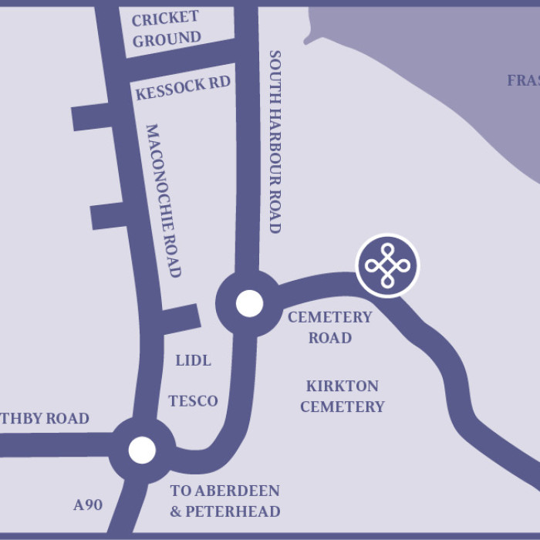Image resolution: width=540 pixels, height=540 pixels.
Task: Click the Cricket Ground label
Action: click(x=166, y=29)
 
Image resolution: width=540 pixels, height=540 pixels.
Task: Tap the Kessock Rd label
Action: click(x=183, y=88)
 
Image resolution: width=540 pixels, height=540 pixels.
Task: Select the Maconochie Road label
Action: click(x=163, y=201)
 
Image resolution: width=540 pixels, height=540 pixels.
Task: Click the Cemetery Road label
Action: click(x=330, y=327)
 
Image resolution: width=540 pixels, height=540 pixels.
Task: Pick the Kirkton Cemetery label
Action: click(x=342, y=396)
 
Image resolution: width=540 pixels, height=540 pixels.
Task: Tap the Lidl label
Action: click(x=193, y=360)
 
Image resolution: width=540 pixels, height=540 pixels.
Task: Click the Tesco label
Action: click(x=193, y=401)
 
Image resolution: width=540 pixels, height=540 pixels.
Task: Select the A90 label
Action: click(x=88, y=505)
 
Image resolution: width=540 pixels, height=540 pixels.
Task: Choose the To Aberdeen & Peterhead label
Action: click(x=224, y=501)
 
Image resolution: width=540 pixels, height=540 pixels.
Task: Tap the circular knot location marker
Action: click(x=387, y=265)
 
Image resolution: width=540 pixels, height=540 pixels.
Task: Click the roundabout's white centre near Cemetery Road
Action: click(x=249, y=303)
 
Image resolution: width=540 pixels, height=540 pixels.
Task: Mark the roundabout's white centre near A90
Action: click(x=142, y=449)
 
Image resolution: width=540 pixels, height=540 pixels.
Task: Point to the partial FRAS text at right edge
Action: click(x=523, y=80)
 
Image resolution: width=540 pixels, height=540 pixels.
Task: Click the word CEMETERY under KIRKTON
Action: click(x=342, y=407)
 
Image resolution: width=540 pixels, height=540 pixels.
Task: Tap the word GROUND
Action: click(x=167, y=39)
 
